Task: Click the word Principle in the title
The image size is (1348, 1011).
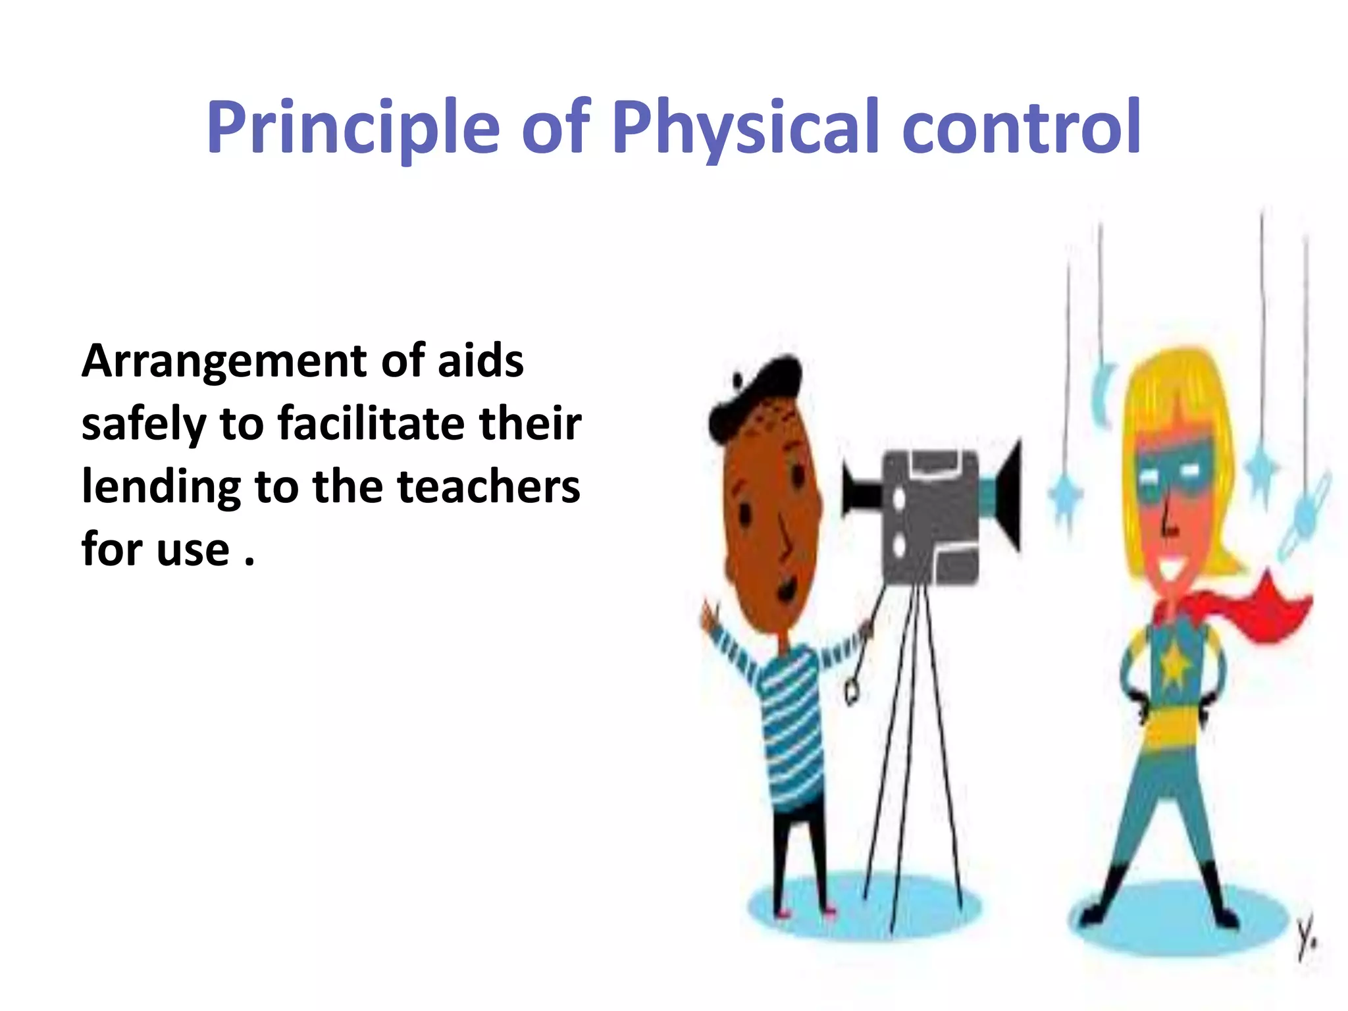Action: point(353,128)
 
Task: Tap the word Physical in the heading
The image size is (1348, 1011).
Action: point(744,128)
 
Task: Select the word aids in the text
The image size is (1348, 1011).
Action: point(480,362)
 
